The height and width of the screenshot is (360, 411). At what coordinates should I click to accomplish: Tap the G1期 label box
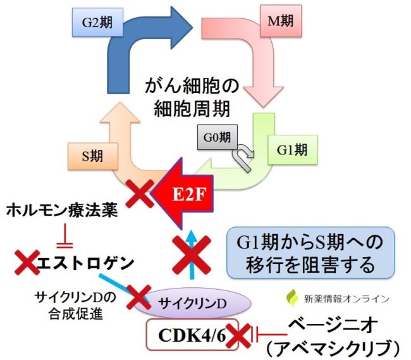(293, 150)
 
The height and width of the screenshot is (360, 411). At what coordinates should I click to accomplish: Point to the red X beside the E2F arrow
(140, 194)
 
